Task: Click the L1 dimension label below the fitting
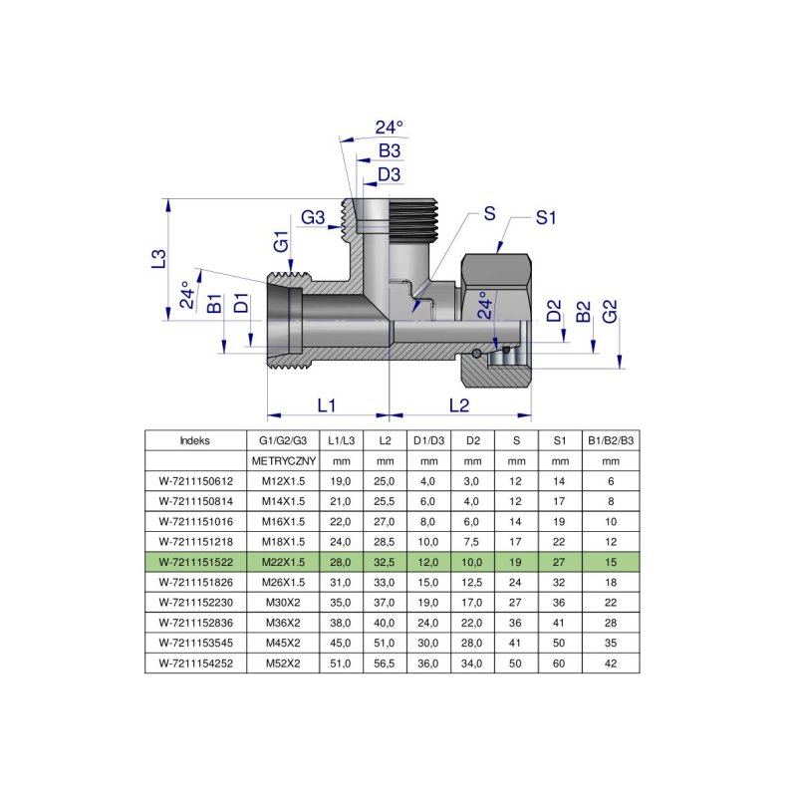[x=326, y=405]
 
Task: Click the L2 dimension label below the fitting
[x=459, y=405]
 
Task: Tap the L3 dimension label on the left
[x=156, y=259]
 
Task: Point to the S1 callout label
[x=545, y=218]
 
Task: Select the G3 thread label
[x=314, y=218]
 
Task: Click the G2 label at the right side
[x=610, y=310]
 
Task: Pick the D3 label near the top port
[x=390, y=175]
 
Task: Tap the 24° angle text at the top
[x=390, y=128]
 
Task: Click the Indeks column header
[x=194, y=439]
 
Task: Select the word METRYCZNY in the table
[x=283, y=461]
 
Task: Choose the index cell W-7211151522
[x=194, y=561]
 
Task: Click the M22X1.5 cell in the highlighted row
[x=283, y=561]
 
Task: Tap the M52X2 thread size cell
[x=283, y=662]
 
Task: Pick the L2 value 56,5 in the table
[x=384, y=662]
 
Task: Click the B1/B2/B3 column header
[x=611, y=439]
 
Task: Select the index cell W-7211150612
[x=194, y=480]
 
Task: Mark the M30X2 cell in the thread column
[x=283, y=602]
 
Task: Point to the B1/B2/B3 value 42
[x=611, y=662]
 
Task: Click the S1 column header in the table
[x=560, y=439]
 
